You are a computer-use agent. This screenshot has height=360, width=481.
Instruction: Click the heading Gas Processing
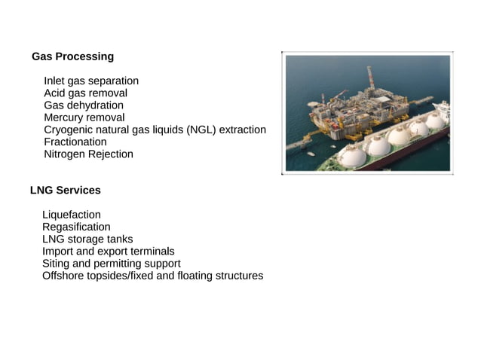(72, 56)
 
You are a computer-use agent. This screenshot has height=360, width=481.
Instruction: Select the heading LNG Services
(65, 191)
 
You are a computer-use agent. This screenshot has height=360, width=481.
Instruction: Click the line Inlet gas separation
(91, 81)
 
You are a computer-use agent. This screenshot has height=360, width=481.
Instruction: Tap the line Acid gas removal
(85, 93)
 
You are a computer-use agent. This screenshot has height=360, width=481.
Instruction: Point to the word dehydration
(97, 105)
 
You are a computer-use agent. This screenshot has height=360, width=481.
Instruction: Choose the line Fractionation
(75, 142)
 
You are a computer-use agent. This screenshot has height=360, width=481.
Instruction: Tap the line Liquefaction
(72, 215)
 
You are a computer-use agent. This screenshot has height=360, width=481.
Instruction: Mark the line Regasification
(76, 227)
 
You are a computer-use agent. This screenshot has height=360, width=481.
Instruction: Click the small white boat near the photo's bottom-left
(310, 154)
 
